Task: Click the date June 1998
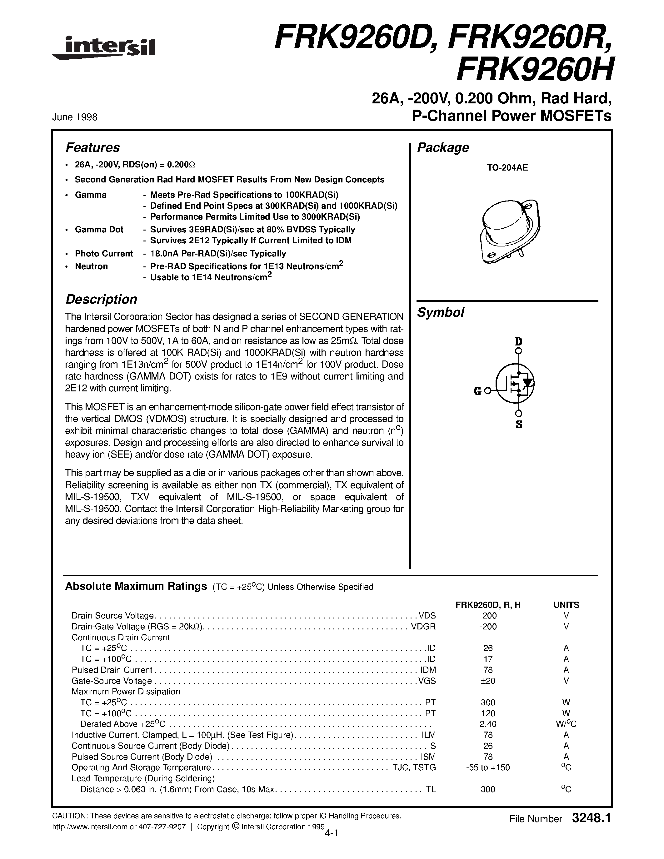(x=75, y=117)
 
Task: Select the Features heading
(x=92, y=147)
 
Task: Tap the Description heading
(x=101, y=299)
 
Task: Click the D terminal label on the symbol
(x=519, y=341)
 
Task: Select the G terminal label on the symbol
(x=477, y=391)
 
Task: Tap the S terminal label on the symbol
(x=519, y=425)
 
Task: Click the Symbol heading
(x=441, y=313)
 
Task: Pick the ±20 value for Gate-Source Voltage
(x=488, y=681)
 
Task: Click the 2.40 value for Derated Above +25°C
(x=488, y=724)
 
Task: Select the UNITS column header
(x=566, y=605)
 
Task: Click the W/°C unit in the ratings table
(x=566, y=724)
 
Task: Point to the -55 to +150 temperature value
(x=488, y=767)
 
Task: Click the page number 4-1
(x=332, y=833)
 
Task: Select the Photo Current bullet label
(x=104, y=254)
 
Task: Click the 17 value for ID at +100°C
(x=488, y=659)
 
